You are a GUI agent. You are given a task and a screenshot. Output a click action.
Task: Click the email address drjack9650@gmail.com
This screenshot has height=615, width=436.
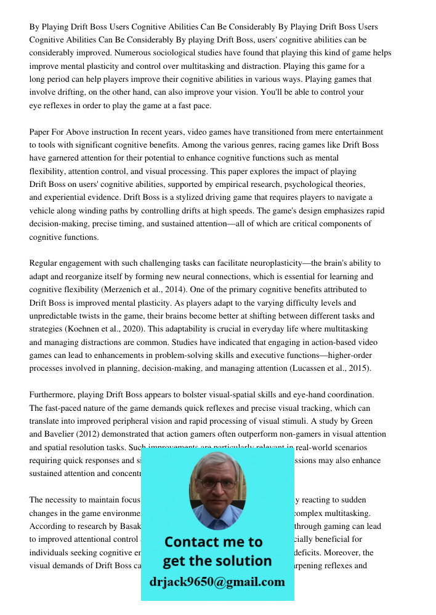click(x=217, y=582)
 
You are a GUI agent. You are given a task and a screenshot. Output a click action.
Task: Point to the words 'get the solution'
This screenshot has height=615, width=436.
click(x=217, y=561)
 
